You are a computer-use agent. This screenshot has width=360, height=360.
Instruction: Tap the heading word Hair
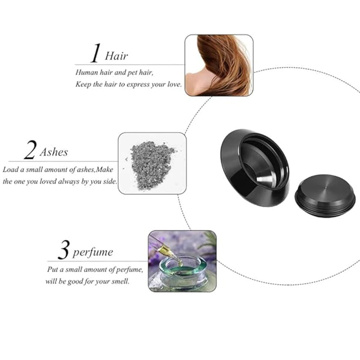pos(116,56)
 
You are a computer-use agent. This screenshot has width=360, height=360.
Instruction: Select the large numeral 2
pos(30,150)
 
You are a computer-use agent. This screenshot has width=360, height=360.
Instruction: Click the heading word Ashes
pos(54,152)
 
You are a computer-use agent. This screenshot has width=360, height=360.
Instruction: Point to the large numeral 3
pos(63,250)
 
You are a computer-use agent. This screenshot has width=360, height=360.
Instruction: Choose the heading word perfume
pos(93,253)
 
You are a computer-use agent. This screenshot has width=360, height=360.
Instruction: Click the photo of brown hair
pos(219,65)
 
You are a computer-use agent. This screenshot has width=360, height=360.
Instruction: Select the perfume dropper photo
pos(182,261)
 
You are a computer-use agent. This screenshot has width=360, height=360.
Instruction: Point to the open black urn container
pos(255,168)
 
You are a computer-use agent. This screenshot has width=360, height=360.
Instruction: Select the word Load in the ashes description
pos(11,170)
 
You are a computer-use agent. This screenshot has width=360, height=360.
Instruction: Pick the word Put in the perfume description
pos(52,269)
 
